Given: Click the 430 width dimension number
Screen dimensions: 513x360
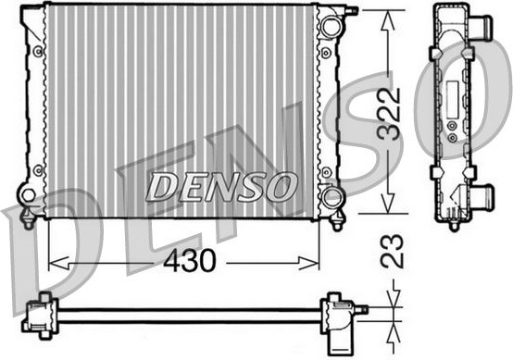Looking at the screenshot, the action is (x=190, y=261).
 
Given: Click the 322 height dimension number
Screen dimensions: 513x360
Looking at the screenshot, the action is (x=389, y=113).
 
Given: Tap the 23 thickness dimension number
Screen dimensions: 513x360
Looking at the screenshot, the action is (x=392, y=251).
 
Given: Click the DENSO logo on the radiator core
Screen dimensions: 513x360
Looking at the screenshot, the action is (x=221, y=187).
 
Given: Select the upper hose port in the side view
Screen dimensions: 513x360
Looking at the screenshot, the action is (x=480, y=29).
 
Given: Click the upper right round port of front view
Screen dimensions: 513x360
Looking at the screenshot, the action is (x=331, y=27).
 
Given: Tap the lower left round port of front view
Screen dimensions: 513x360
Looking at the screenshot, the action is (x=28, y=195).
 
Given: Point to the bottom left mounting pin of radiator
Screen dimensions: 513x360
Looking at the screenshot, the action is (x=28, y=219).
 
